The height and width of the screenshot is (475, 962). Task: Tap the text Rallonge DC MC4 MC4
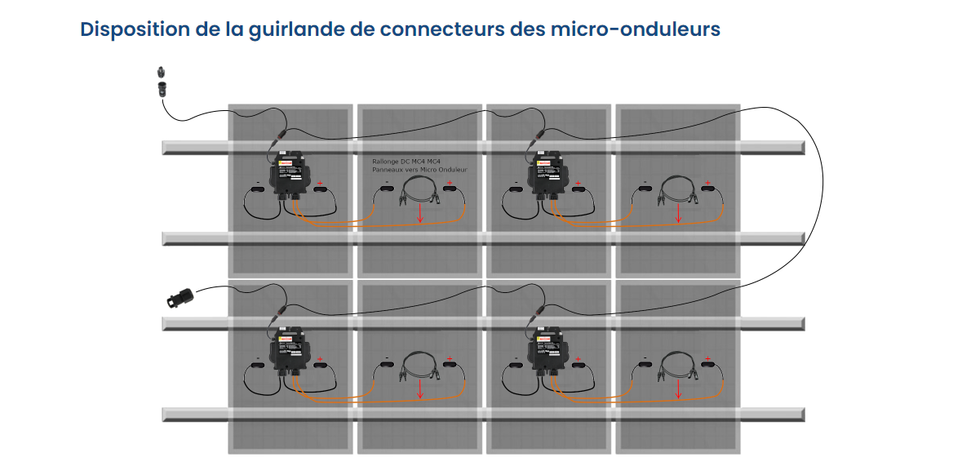pyautogui.click(x=406, y=162)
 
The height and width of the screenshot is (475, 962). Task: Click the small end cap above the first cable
pyautogui.click(x=161, y=72)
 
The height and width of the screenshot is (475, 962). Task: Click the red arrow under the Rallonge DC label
pyautogui.click(x=419, y=214)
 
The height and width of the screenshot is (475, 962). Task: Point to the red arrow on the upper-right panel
pyautogui.click(x=678, y=213)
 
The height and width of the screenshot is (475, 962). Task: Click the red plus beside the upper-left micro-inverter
pyautogui.click(x=320, y=183)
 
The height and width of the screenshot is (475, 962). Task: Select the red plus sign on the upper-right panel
pyautogui.click(x=707, y=183)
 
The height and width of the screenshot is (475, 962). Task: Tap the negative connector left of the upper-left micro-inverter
pyautogui.click(x=257, y=190)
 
